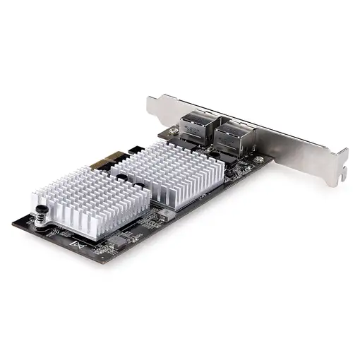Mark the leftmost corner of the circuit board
(12, 225)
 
